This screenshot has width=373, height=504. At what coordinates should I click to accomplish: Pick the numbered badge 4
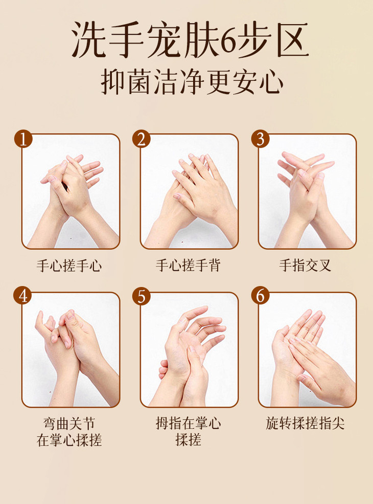point(23,296)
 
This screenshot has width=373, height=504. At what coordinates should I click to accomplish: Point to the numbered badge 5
point(141,296)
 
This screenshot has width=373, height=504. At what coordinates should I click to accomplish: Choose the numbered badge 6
point(260,296)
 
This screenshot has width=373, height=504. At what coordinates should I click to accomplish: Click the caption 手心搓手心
point(69,266)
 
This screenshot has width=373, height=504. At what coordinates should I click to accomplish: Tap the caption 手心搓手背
point(188,266)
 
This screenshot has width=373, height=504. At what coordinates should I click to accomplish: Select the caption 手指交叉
point(305,266)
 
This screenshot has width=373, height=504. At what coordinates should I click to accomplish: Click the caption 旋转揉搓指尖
point(305,423)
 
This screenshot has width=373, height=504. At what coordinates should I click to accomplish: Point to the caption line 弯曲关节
point(69,424)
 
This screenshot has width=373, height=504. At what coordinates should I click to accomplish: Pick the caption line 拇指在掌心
point(189,423)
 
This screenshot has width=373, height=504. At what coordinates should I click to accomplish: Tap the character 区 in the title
point(291,40)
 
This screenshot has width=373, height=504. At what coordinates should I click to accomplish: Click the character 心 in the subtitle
point(271,82)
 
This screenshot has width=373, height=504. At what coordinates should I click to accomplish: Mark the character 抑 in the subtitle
point(113,82)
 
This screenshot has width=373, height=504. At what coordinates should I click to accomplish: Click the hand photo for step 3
point(307,191)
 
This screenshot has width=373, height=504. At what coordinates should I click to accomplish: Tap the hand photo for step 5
point(189,349)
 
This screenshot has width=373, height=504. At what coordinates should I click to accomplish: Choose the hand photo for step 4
point(71,349)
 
